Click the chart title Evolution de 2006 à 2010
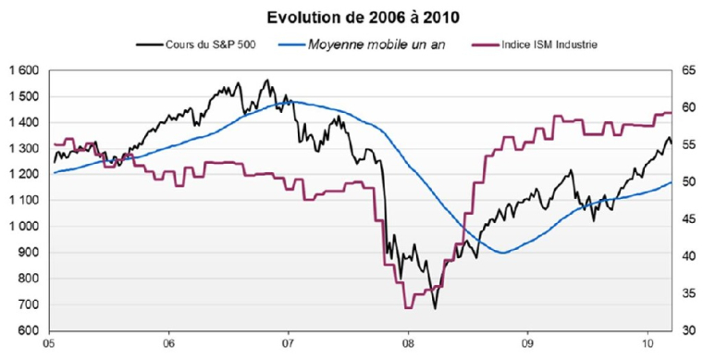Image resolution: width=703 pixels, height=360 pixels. point(351,18)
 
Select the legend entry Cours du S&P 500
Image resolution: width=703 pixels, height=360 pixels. point(198,43)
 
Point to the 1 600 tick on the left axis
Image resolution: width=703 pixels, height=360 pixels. point(24,70)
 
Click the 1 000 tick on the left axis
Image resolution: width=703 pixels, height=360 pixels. point(24,227)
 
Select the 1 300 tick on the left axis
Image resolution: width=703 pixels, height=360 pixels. point(24,148)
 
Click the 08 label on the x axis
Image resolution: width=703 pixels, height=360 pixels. point(408,346)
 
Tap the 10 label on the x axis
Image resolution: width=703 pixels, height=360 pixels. point(645,346)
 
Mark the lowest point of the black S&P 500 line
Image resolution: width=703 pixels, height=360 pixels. point(435,308)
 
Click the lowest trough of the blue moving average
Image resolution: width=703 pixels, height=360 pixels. point(502,253)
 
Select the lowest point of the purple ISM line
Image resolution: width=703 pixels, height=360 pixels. point(408,306)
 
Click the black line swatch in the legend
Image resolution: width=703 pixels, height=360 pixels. point(148,43)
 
